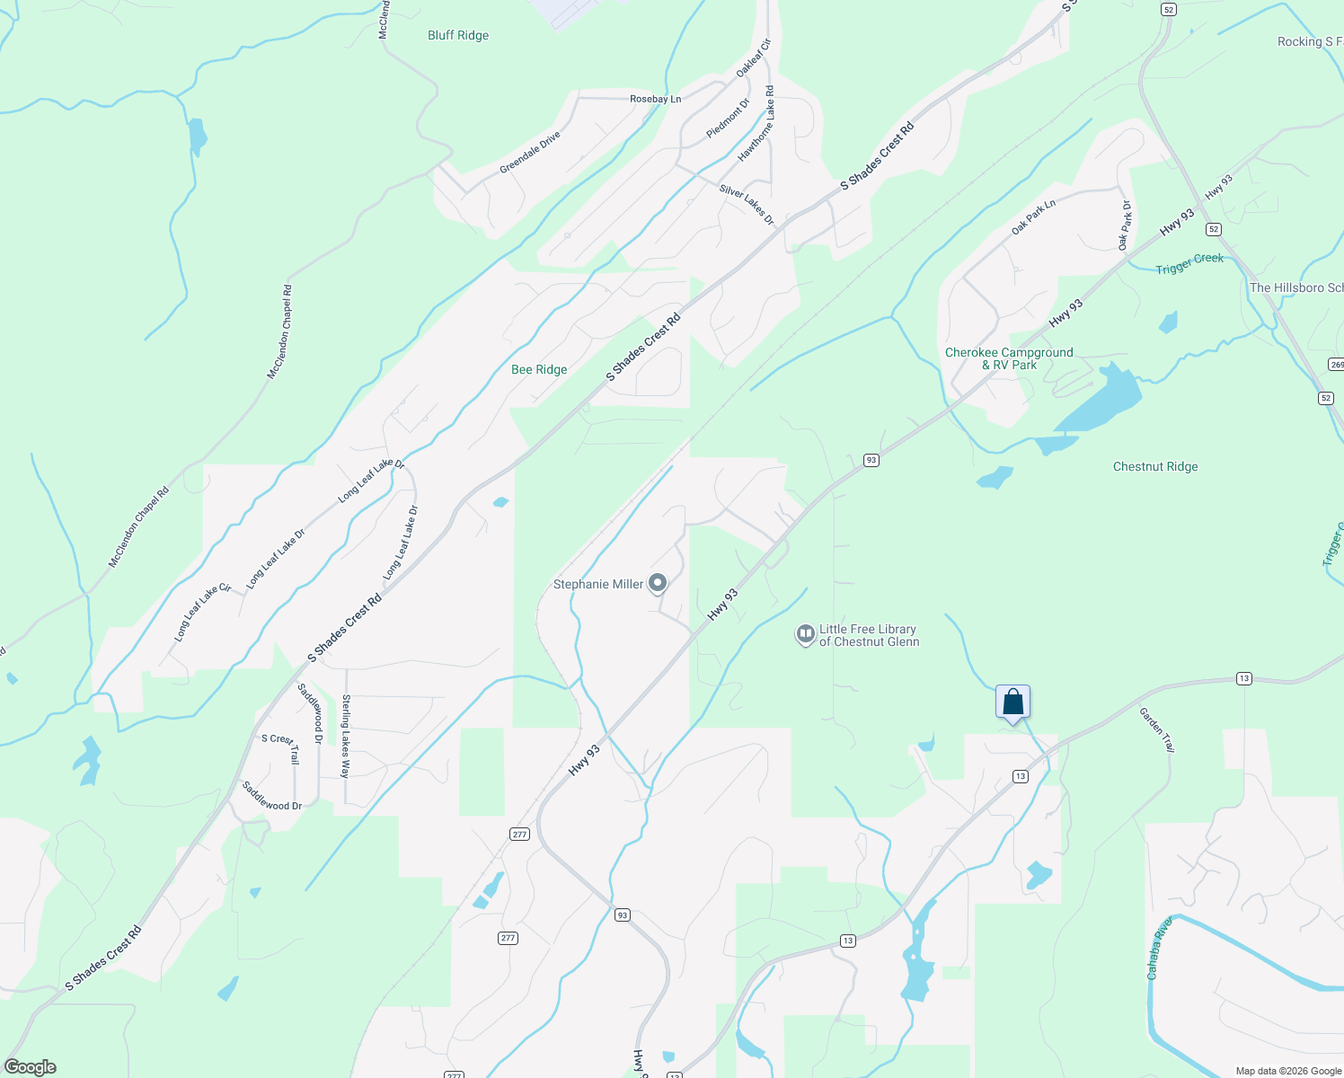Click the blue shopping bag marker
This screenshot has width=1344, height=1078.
tap(1012, 702)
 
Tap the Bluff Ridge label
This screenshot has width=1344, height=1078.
tap(458, 36)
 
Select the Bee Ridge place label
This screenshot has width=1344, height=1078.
tap(539, 370)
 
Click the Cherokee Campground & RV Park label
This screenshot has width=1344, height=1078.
tap(1009, 358)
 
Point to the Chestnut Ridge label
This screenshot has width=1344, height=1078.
tap(1155, 467)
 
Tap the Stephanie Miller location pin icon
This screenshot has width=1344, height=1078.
tap(658, 584)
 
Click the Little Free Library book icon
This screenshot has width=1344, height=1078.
tap(805, 635)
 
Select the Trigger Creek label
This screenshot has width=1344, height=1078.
tap(1189, 263)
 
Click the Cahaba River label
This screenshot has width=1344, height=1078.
tap(1159, 949)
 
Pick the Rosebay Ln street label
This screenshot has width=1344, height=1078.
tap(655, 100)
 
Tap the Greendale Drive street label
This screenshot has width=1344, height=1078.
tap(530, 152)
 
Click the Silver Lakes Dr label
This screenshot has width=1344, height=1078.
tap(746, 205)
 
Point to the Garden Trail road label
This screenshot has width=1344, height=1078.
tap(1156, 729)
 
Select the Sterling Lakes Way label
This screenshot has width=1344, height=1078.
tap(346, 736)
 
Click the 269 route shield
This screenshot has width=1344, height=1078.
tap(1335, 364)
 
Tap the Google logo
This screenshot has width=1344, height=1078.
tap(31, 1067)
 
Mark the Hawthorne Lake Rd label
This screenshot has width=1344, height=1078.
tap(756, 125)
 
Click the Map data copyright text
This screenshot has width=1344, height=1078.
tap(1287, 1071)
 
